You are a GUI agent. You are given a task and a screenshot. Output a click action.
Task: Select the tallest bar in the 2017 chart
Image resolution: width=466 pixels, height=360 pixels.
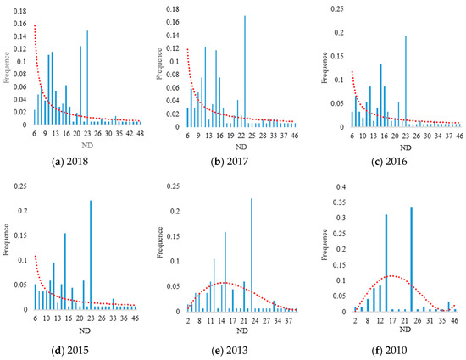(x=245, y=71)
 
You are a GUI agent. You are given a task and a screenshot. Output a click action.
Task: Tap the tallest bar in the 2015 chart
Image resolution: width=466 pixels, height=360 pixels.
(x=91, y=254)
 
